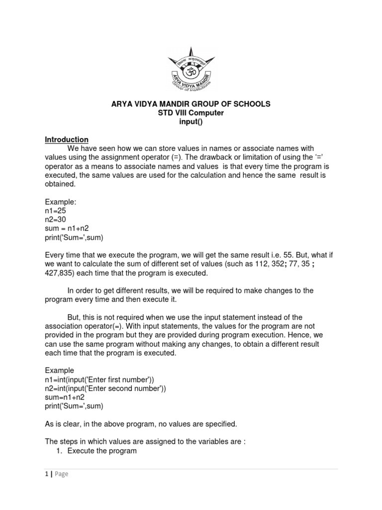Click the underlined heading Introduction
[67, 139]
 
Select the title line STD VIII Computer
[191, 113]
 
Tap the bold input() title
[191, 123]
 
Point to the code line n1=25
[56, 211]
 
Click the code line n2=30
[56, 220]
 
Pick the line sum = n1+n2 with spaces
[67, 229]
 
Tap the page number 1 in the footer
[46, 474]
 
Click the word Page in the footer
[61, 474]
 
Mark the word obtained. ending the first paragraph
[61, 184]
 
